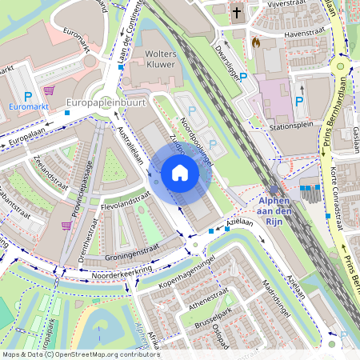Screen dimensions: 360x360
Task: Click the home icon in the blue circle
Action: (x=180, y=173)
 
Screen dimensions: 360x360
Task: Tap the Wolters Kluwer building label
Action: (x=154, y=59)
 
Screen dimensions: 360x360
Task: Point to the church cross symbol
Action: (x=237, y=13)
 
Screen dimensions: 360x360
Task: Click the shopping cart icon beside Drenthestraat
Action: (x=66, y=226)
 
